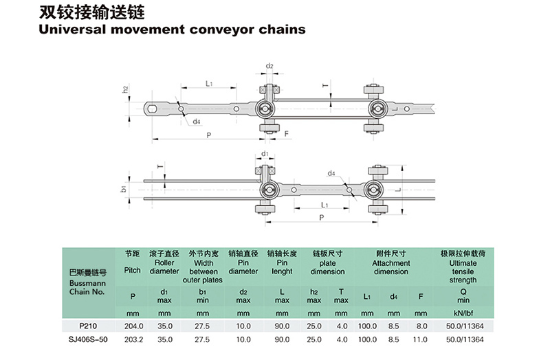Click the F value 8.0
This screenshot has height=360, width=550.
tap(421, 326)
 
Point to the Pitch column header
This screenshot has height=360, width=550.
tap(132, 271)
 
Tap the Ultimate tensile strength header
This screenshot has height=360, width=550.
tap(463, 271)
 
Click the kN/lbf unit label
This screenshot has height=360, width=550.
tap(463, 313)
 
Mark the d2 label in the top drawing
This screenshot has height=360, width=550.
tap(269, 66)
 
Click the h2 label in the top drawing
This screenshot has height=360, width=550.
tap(126, 89)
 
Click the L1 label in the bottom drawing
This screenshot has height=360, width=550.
tap(320, 205)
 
